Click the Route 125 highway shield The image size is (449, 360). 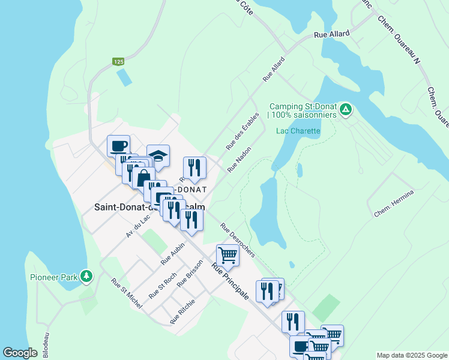click(118, 61)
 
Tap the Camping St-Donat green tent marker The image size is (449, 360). click(345, 109)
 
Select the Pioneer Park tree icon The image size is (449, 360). click(88, 276)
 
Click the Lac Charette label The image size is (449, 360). click(298, 131)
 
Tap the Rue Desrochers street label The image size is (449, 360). click(237, 240)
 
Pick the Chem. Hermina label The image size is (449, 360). click(394, 204)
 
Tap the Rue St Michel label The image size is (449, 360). click(127, 293)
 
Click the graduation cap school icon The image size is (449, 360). click(158, 156)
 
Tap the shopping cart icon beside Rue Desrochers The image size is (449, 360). click(228, 255)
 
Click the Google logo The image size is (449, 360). click(20, 353)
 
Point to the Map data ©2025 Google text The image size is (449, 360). click(411, 355)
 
